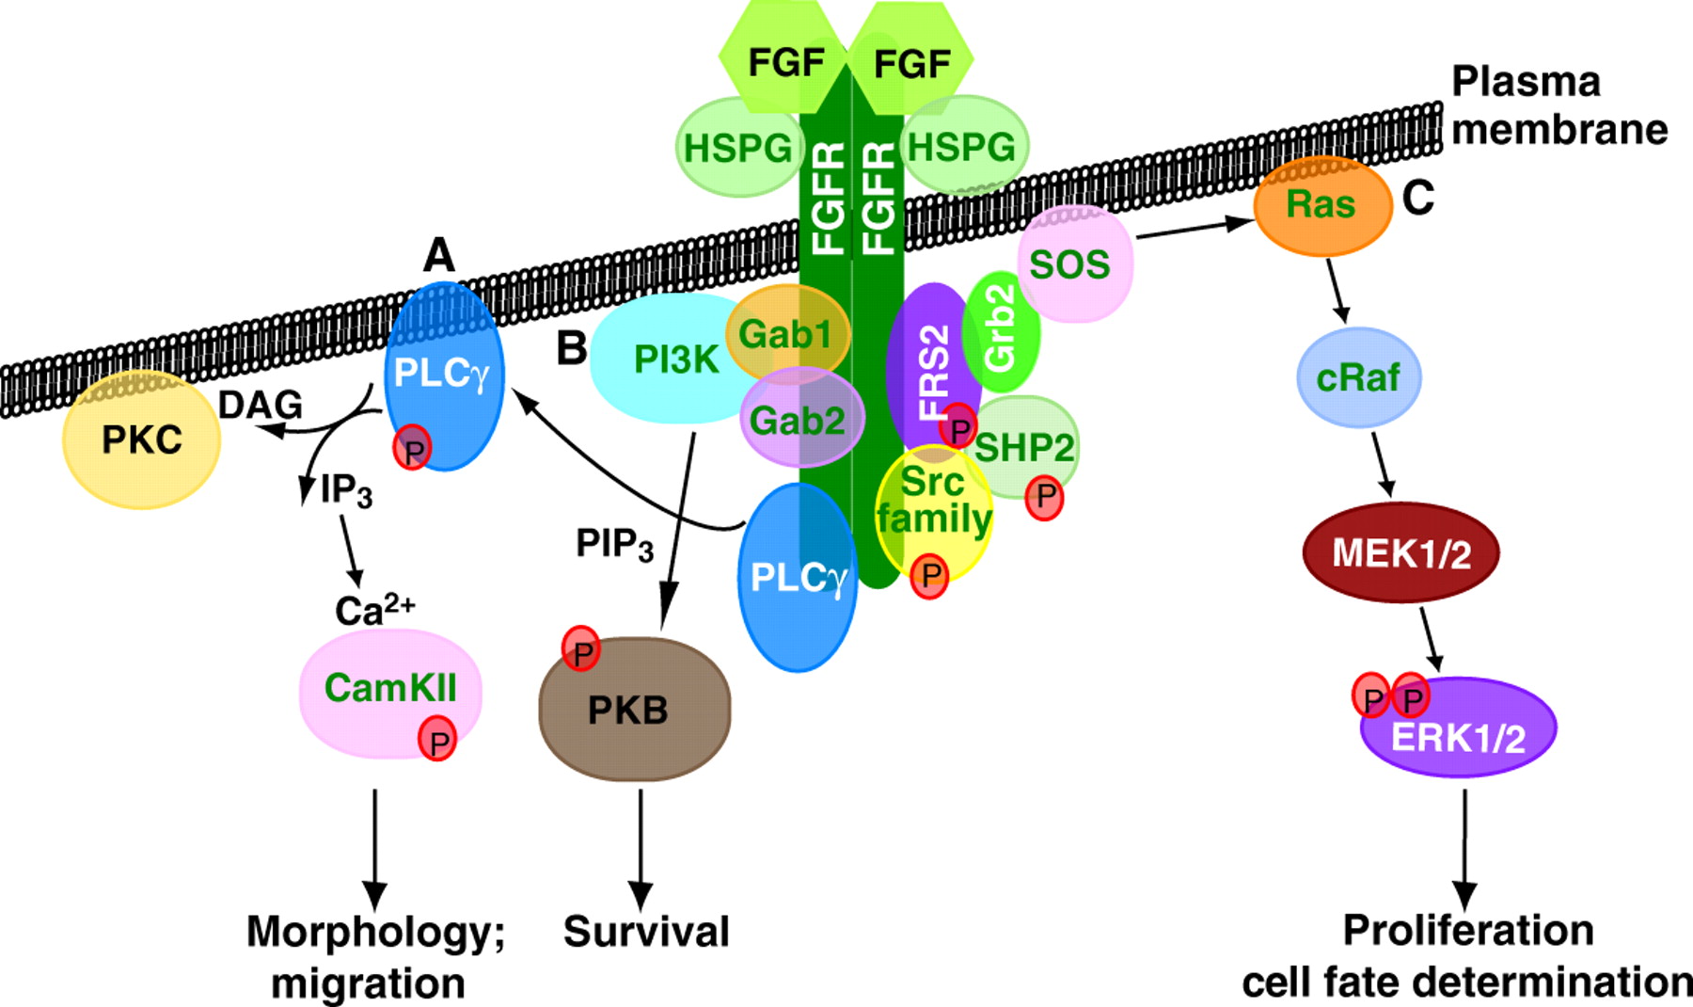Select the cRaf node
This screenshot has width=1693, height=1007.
[1358, 377]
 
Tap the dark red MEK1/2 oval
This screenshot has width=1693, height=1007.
[1400, 552]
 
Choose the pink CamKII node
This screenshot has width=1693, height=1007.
[389, 691]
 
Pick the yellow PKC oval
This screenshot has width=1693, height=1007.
[141, 440]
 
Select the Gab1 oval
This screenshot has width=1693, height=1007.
[787, 333]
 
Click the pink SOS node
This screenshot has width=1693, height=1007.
[1072, 265]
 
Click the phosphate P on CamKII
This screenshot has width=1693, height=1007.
[437, 740]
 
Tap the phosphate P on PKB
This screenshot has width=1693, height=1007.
[581, 649]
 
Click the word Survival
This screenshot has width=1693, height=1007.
[646, 932]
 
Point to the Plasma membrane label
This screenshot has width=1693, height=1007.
[1558, 105]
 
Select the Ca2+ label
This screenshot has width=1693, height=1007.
[373, 610]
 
